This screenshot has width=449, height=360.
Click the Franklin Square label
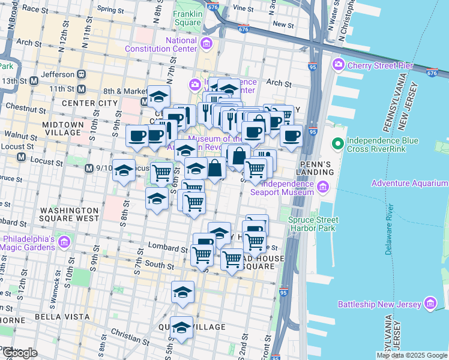coord(187,17)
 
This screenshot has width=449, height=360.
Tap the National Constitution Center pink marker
coord(207,43)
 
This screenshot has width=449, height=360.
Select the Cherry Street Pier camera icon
coord(338,64)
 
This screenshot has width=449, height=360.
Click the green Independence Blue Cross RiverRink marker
coord(338,144)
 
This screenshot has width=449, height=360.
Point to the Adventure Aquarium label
coord(408,183)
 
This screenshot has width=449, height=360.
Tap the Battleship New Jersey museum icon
coord(430,304)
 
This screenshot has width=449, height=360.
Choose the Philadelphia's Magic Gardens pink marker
coord(64,242)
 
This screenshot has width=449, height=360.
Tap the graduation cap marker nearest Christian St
coord(181,328)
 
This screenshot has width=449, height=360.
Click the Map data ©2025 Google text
coord(411,355)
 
